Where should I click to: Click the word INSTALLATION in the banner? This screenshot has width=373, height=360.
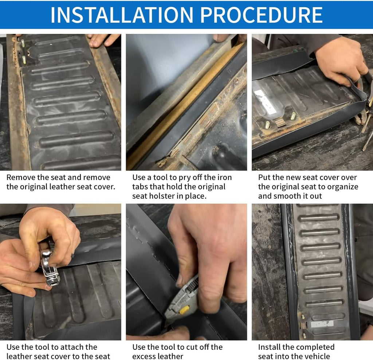point(122,15)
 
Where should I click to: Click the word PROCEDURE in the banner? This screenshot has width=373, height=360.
point(261,15)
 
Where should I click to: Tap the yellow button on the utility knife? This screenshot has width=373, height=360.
point(184,310)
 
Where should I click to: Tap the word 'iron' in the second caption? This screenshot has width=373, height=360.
point(224,177)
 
